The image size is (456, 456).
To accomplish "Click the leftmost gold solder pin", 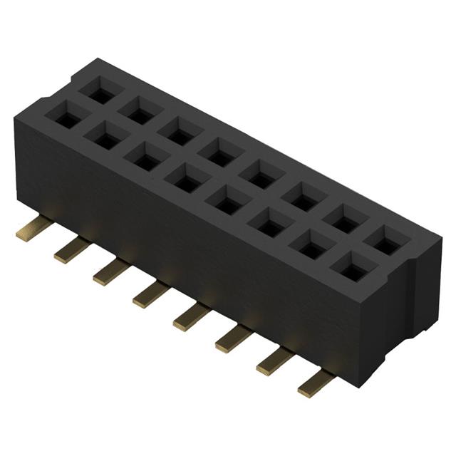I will pos(34,229).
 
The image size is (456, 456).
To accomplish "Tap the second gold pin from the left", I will pos(72,250).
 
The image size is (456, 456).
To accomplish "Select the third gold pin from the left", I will pos(111,272).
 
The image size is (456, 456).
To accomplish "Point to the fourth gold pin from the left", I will pos(151,294).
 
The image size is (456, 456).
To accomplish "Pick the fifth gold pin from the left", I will pos(192,316).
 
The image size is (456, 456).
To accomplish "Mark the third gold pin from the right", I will pos(234,338).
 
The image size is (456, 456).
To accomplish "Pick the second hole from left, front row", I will pos(107,140).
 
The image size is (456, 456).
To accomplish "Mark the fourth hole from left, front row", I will pos(188,183).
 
